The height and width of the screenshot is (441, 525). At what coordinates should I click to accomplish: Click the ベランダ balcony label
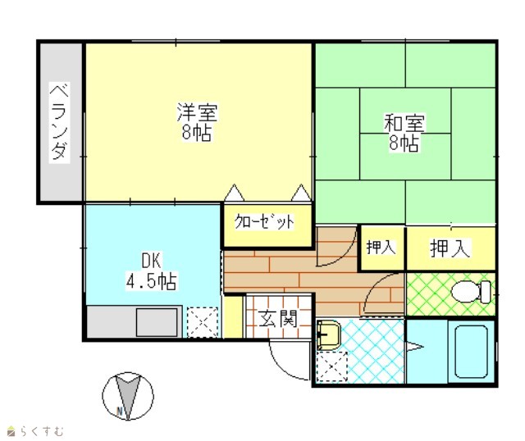click(x=60, y=122)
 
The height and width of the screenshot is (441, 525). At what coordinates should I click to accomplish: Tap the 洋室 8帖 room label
click(x=197, y=122)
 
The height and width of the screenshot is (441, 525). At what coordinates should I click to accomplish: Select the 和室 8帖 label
click(x=404, y=133)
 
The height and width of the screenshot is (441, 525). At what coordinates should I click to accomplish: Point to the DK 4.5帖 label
click(x=151, y=271)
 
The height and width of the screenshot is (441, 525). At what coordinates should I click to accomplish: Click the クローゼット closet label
click(x=264, y=221)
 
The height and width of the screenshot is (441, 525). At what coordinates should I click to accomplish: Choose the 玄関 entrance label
click(x=277, y=318)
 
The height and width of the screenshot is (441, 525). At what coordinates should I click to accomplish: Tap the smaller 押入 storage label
click(x=381, y=248)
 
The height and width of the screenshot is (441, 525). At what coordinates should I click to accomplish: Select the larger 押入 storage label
click(x=450, y=248)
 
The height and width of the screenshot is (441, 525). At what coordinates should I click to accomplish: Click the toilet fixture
click(x=472, y=292)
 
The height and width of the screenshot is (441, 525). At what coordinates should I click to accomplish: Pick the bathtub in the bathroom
click(x=471, y=352)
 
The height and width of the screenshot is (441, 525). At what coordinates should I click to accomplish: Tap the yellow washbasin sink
click(x=328, y=335)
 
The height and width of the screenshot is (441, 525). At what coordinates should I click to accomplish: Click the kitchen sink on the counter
click(x=157, y=322)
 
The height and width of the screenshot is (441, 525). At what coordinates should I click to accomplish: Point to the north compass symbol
click(x=128, y=397)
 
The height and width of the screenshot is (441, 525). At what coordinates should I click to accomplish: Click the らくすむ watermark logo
click(x=35, y=431)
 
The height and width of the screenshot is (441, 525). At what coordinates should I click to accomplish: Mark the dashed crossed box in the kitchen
click(x=203, y=322)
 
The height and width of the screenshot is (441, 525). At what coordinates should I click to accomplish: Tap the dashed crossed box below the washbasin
click(x=331, y=366)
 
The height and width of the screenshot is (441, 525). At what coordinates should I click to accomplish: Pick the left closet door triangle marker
click(x=234, y=193)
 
